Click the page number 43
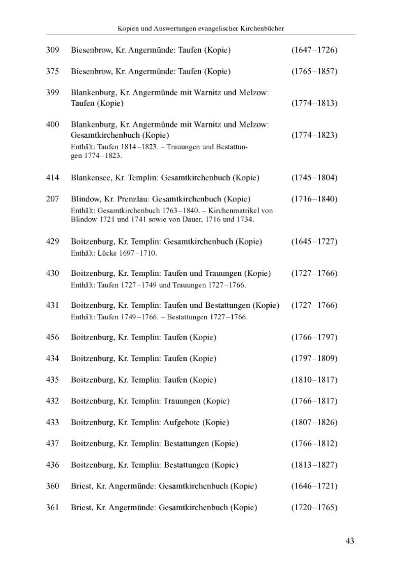pos(349,541)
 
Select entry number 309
pos(52,50)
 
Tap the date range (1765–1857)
pos(314,71)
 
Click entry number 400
pos(52,125)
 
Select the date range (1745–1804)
pos(314,178)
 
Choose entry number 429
pos(52,241)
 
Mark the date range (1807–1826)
pos(314,422)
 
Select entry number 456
pos(52,337)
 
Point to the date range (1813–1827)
pos(314,465)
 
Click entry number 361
pos(52,507)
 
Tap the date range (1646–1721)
pos(314,486)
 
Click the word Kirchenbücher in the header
pos(260,29)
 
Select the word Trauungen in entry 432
pos(182,401)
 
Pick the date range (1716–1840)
pos(314,199)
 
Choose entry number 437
pos(52,443)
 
